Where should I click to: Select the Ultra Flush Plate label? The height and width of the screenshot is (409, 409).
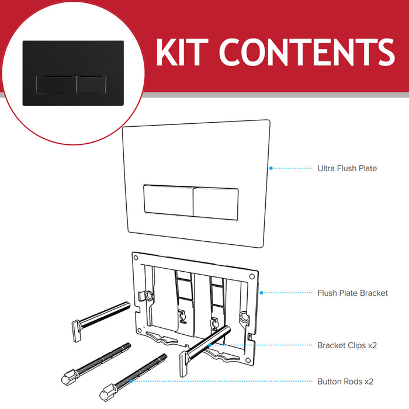tap(346, 168)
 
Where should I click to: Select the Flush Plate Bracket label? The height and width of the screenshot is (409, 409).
tap(352, 293)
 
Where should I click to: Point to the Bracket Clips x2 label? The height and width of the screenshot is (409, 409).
tap(346, 345)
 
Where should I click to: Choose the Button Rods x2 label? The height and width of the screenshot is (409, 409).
tap(345, 382)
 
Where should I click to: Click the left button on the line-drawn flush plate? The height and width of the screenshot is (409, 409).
tap(167, 202)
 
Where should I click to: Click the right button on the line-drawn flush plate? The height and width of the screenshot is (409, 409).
tap(215, 202)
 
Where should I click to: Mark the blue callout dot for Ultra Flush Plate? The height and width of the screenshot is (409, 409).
tap(270, 168)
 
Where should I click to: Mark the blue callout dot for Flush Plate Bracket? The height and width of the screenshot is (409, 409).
tap(261, 293)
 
